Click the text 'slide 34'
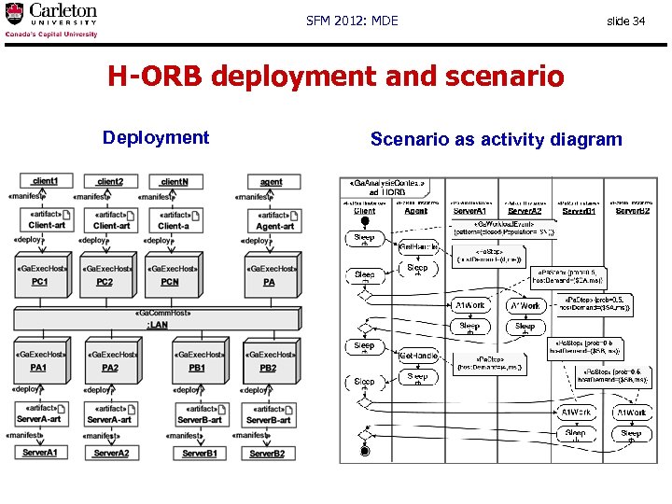click(625, 21)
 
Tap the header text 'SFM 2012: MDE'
click(352, 21)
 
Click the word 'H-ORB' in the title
click(155, 76)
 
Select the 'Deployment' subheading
click(156, 138)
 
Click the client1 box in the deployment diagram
click(45, 181)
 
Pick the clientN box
click(174, 181)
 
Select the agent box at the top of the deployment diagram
click(271, 182)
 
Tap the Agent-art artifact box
click(274, 220)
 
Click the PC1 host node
click(41, 276)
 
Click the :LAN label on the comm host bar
click(157, 324)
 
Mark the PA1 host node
click(39, 362)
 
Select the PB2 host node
click(269, 362)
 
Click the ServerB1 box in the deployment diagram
click(200, 453)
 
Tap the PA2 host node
click(110, 362)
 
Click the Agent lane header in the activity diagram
click(416, 211)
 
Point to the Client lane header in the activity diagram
click(364, 211)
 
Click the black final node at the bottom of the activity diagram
click(365, 452)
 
